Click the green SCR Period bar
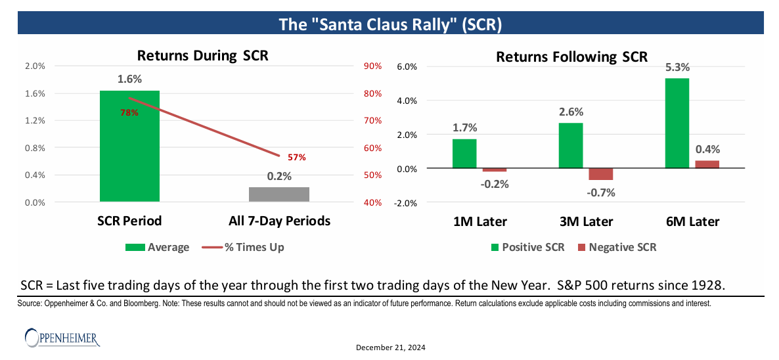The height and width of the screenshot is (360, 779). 129,146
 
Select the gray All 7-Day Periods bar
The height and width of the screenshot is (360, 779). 279,194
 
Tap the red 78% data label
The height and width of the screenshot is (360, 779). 129,113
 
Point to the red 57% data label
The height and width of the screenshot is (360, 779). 297,158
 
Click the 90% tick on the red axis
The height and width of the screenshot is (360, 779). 372,66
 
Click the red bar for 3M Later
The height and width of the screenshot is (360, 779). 600,174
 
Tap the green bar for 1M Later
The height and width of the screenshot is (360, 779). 464,154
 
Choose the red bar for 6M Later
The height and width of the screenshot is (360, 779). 707,164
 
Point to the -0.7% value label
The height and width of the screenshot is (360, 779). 600,192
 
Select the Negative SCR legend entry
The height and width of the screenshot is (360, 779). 615,247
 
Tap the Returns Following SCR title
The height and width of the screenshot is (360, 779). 571,56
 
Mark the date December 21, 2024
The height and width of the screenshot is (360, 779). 391,348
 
